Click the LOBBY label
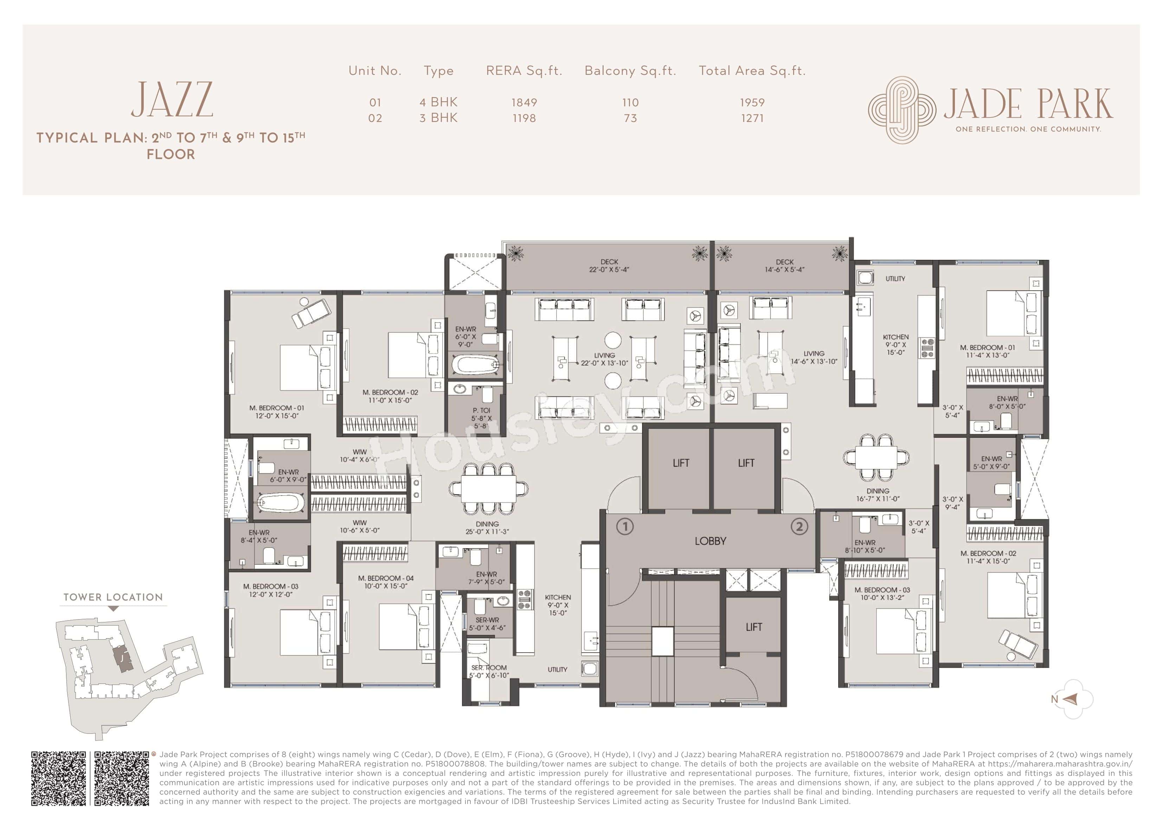pos(710,541)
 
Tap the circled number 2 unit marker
pos(799,527)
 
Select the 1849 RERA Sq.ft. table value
pos(524,102)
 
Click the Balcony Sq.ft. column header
pos(630,71)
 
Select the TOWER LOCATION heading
pos(113,597)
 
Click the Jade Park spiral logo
pos(902,110)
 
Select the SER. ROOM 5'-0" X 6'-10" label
pos(488,672)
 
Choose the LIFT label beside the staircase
pos(754,627)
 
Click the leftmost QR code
pos(59,778)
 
